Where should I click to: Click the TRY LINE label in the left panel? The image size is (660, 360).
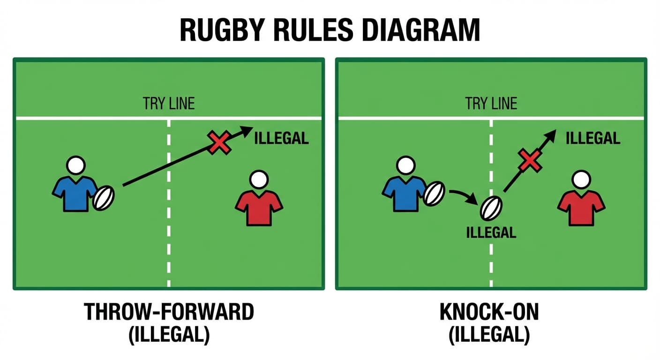169,104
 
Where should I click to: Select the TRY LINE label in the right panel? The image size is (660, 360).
491,104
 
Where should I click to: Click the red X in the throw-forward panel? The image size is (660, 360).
219,142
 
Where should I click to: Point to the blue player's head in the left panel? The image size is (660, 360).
75,165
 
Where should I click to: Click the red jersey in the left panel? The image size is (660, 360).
259,206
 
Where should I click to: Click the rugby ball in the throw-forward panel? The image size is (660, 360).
104,197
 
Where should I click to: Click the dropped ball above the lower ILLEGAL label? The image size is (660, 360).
490,207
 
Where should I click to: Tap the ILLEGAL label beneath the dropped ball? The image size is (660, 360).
491,232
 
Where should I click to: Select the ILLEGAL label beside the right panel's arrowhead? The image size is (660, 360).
592,138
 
